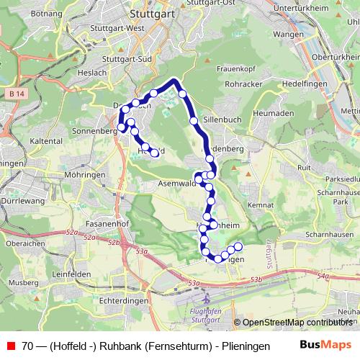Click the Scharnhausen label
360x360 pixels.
[328, 235]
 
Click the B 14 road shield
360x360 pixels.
[18, 94]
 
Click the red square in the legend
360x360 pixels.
[9, 346]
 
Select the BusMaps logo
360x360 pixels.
[325, 345]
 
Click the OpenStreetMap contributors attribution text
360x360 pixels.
[297, 323]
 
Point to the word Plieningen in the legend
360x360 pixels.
[235, 346]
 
